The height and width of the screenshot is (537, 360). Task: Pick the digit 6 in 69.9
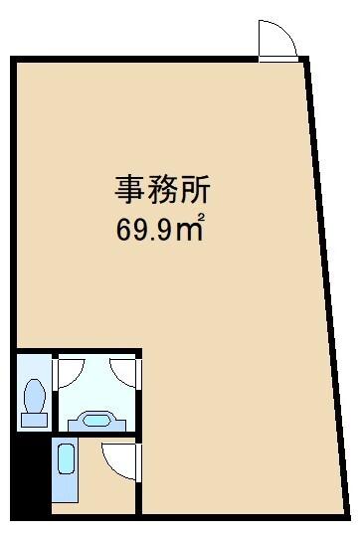coord(123,231)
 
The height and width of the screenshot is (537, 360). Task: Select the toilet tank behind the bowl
coord(36,419)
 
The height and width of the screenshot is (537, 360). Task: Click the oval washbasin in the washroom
coord(95,420)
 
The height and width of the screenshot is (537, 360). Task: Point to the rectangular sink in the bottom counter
coord(66,460)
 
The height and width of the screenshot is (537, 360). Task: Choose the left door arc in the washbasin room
coord(69,372)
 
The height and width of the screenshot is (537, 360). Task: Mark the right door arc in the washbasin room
coord(122,372)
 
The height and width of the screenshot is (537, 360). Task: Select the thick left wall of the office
coord(13,199)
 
